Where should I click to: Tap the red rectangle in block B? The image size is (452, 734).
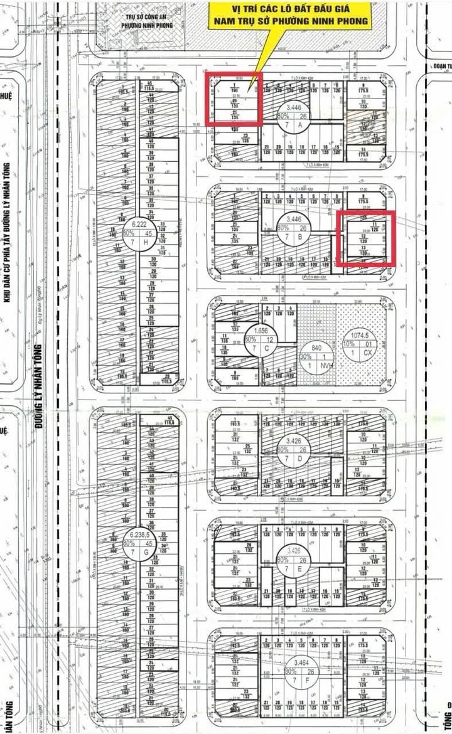click(x=366, y=238)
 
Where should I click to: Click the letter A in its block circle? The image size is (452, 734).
click(x=301, y=125)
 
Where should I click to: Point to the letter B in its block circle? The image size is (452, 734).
click(x=301, y=239)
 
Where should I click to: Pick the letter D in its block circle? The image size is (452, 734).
click(x=301, y=458)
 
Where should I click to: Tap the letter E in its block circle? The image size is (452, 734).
click(x=301, y=568)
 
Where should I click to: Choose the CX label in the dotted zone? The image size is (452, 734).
click(x=376, y=353)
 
